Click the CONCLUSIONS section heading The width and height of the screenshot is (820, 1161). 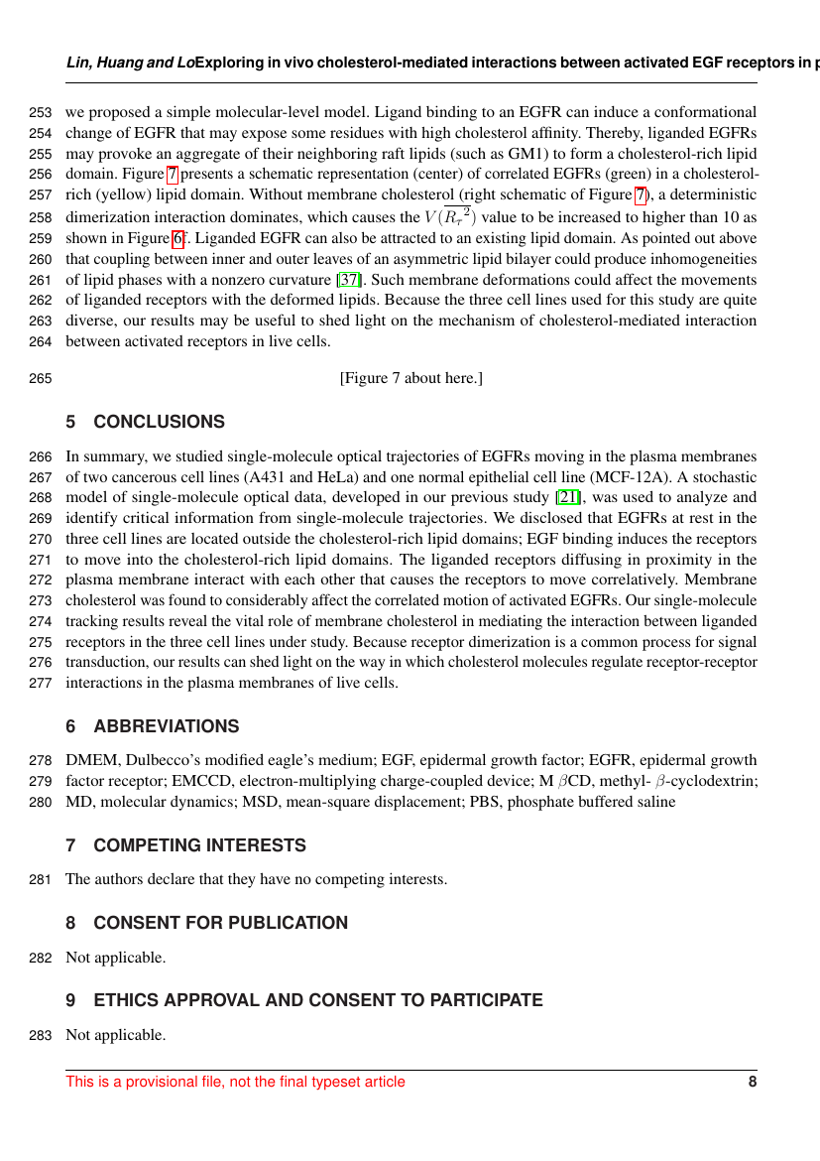[159, 422]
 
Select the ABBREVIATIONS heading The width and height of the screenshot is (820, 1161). [166, 726]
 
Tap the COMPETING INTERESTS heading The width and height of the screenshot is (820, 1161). [199, 845]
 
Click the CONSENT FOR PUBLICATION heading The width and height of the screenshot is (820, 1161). [220, 923]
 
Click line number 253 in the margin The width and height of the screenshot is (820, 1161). [42, 112]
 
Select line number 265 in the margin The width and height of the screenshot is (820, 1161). [42, 378]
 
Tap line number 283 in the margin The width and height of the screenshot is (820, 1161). [42, 1035]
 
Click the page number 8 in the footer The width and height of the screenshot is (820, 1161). [752, 1082]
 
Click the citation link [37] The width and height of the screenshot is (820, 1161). [350, 280]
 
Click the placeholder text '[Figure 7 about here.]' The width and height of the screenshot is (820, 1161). [410, 378]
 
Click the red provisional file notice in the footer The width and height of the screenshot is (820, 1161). [235, 1082]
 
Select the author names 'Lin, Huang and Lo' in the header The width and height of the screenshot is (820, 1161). [130, 63]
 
